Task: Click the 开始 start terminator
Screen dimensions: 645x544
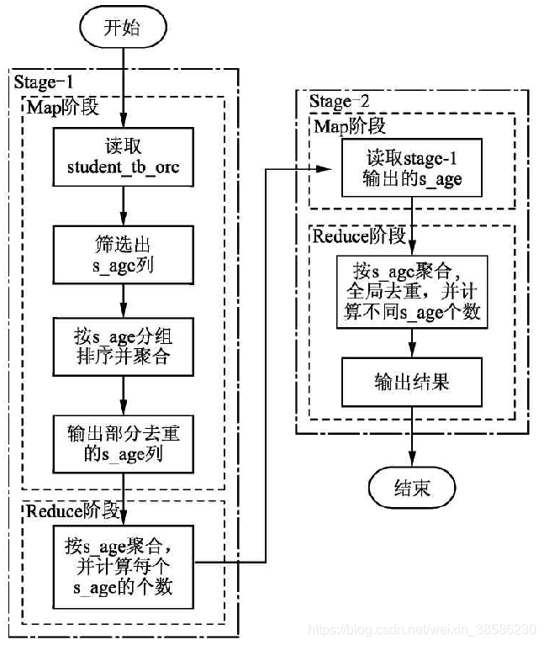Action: click(122, 29)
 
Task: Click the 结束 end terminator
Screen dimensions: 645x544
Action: click(412, 487)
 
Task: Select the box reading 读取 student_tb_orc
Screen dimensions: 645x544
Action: click(123, 157)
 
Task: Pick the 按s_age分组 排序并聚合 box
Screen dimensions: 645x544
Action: click(123, 349)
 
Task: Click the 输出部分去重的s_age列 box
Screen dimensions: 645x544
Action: click(123, 445)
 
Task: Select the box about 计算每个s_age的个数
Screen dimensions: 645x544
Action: click(123, 566)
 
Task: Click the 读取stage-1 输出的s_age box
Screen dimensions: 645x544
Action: click(412, 168)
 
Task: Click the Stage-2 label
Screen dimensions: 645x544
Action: click(339, 103)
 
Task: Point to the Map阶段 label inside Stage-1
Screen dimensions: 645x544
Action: click(63, 108)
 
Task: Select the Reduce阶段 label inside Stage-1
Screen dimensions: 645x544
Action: click(74, 511)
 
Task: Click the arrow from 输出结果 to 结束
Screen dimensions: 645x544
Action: click(412, 437)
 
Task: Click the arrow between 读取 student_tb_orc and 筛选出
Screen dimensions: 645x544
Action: click(123, 206)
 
